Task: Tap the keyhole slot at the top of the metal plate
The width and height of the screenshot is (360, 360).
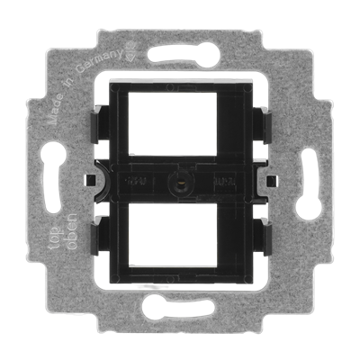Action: pos(179,47)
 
